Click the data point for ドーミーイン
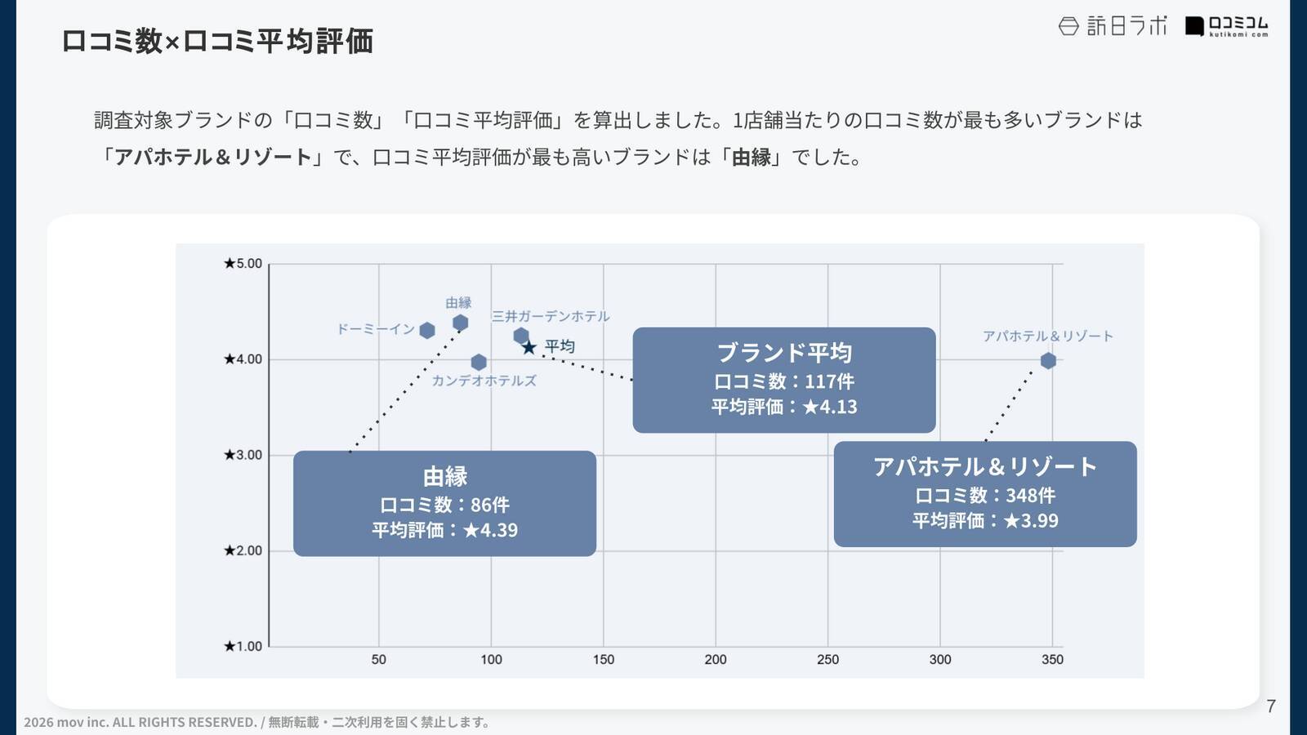426,330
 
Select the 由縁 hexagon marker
460,323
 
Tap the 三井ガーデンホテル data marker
521,336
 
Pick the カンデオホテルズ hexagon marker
479,362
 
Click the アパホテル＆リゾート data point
1048,361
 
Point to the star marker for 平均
529,348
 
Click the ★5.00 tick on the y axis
243,264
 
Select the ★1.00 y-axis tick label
243,647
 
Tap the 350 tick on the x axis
1052,660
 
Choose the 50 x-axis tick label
379,660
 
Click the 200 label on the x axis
716,660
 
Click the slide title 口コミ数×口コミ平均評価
217,41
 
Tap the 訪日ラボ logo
1113,26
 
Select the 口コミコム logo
1227,27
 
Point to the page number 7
1270,706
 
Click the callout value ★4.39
490,531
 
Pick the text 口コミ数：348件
985,496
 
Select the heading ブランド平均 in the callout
784,353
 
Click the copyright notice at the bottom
257,722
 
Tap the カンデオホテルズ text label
484,381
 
